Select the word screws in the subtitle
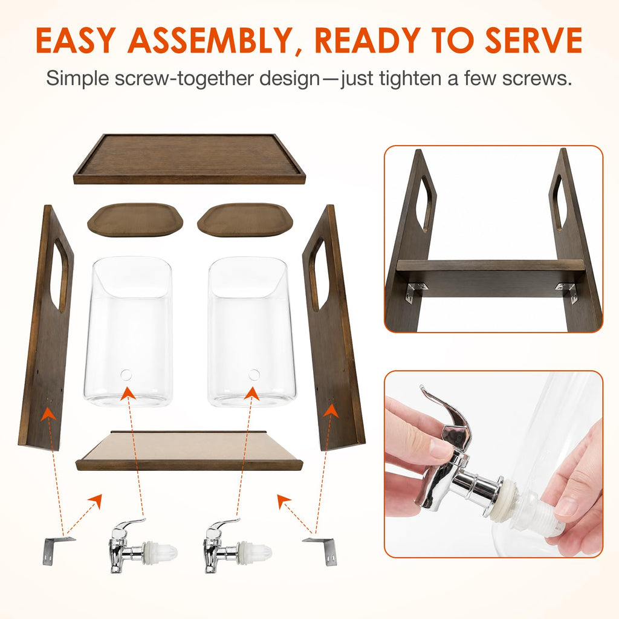(x=537, y=78)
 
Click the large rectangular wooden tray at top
(x=189, y=159)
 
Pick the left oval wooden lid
(x=135, y=219)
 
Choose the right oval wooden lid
(x=245, y=219)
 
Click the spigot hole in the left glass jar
(x=126, y=375)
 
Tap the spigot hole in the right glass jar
(x=254, y=375)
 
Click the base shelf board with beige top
(x=189, y=451)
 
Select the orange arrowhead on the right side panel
(x=331, y=409)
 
